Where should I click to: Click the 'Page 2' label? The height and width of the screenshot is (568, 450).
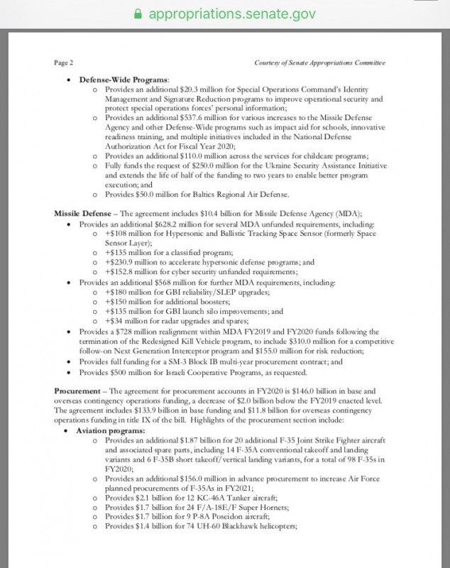tap(65, 62)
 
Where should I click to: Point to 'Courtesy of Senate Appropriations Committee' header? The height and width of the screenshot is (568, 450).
tap(319, 62)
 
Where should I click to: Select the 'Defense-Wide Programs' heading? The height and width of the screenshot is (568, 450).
tap(124, 80)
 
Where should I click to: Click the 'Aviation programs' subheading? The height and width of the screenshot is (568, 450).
tap(111, 431)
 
